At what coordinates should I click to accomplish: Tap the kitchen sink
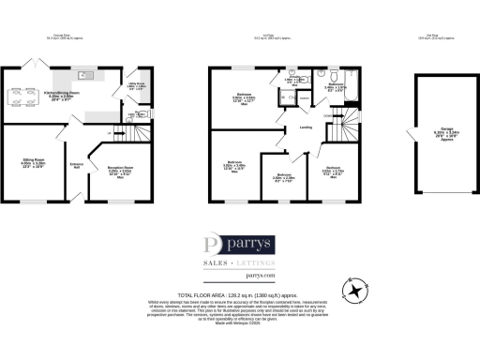point(83,75)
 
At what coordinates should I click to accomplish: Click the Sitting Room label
point(26,164)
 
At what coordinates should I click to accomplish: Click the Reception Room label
point(119,172)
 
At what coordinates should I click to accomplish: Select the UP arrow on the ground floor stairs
point(112,134)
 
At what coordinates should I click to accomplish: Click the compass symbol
point(357,291)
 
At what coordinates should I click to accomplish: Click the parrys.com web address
point(240,277)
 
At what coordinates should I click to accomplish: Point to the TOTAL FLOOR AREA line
point(240,295)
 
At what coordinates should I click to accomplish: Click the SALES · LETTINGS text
point(240,265)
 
